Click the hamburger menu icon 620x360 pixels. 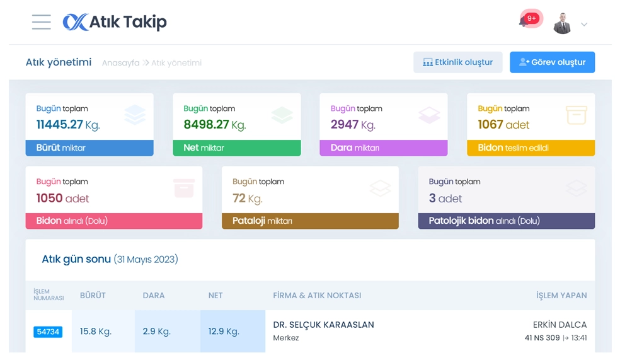click(x=42, y=22)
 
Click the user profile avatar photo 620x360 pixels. click(x=562, y=23)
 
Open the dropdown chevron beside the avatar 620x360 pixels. click(x=584, y=25)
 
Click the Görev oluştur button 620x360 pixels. click(x=552, y=62)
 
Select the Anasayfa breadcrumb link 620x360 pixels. click(x=120, y=63)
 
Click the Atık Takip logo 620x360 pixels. click(x=115, y=22)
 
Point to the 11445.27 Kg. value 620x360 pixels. click(x=68, y=125)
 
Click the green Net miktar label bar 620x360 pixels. click(x=236, y=148)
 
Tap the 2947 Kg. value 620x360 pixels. click(x=353, y=125)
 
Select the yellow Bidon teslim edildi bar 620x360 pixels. click(x=531, y=148)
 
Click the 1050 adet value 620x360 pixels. click(x=62, y=198)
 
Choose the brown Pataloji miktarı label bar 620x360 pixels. click(x=310, y=221)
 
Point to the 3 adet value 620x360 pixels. click(x=445, y=198)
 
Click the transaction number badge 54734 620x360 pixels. click(x=48, y=332)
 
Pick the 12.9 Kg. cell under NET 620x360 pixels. click(x=224, y=332)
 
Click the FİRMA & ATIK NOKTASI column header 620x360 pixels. click(x=317, y=295)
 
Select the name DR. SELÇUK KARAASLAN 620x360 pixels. click(x=323, y=325)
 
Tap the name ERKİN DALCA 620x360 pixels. click(x=560, y=325)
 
